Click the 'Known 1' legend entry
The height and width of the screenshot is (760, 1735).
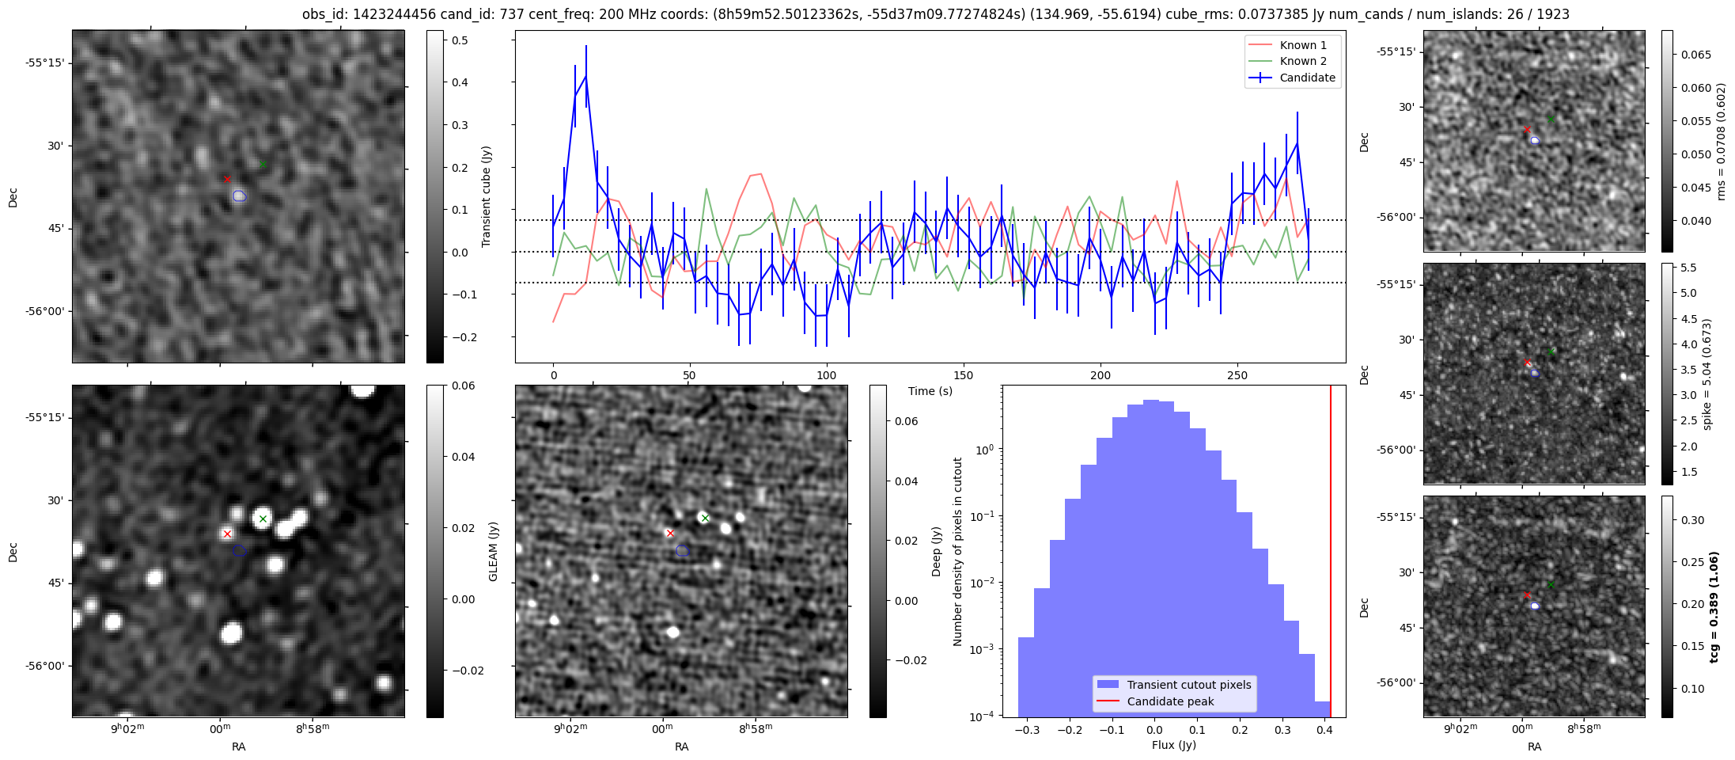1302,45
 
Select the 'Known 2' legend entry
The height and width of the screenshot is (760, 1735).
1302,61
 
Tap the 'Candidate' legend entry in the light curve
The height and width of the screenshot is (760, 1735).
1307,78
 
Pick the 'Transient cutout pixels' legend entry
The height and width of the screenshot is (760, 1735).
1188,685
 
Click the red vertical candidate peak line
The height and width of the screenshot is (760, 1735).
1331,554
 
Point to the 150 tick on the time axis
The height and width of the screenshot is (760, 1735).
964,375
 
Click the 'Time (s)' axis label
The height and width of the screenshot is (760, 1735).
930,391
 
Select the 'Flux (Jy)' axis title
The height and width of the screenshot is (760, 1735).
1173,745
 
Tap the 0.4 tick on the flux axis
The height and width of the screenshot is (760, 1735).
1324,730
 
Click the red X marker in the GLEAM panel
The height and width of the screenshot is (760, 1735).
227,534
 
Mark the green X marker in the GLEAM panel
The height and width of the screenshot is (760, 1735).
263,519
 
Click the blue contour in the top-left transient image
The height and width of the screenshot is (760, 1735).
239,196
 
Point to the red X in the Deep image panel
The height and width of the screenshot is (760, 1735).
670,534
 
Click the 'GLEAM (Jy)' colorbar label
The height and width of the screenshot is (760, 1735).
493,551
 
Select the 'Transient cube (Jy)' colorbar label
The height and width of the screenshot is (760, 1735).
486,196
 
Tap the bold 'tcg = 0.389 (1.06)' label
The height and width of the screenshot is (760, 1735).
1714,606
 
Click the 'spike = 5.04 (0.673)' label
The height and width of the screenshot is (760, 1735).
1707,374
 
